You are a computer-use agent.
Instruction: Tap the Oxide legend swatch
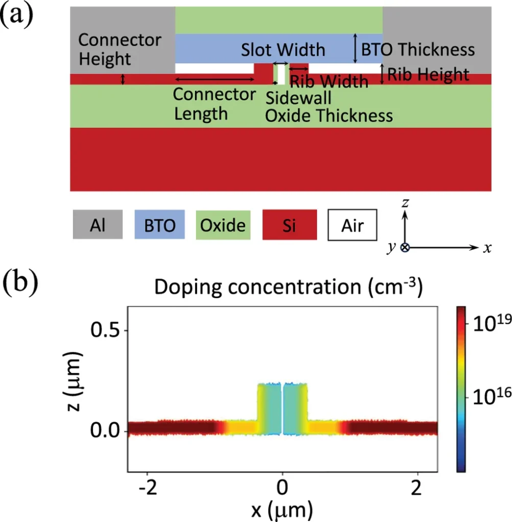point(223,225)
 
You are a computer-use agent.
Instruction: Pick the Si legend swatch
point(289,225)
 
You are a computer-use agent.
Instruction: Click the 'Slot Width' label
point(283,50)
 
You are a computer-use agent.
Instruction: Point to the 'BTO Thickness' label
point(418,50)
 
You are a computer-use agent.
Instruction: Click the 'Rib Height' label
point(428,75)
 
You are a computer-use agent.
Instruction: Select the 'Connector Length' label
point(214,103)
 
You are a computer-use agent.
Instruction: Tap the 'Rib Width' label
point(329,81)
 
